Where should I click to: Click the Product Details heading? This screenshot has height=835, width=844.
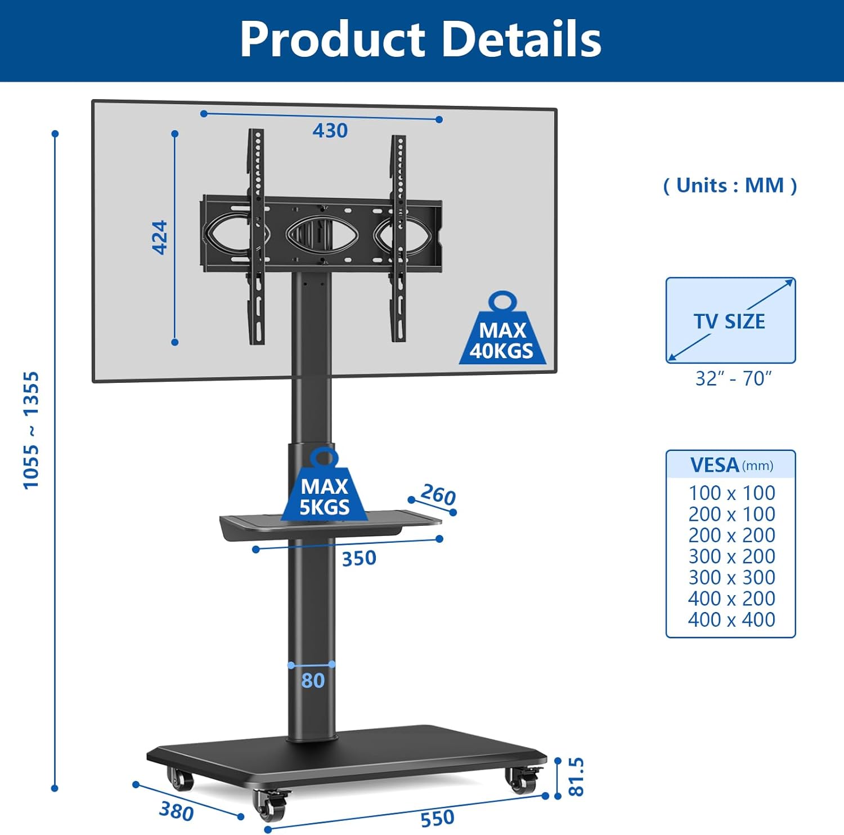coord(421,39)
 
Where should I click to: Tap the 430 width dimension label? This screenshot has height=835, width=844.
coord(330,131)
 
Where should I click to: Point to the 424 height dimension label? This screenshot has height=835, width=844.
coord(160,237)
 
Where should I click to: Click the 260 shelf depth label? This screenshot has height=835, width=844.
coord(438,495)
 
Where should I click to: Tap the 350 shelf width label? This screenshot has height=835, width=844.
coord(359,559)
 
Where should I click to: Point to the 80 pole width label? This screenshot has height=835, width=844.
coord(313,681)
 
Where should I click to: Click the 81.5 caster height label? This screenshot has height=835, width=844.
coord(576,776)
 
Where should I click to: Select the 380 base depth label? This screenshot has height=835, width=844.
coord(176,811)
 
